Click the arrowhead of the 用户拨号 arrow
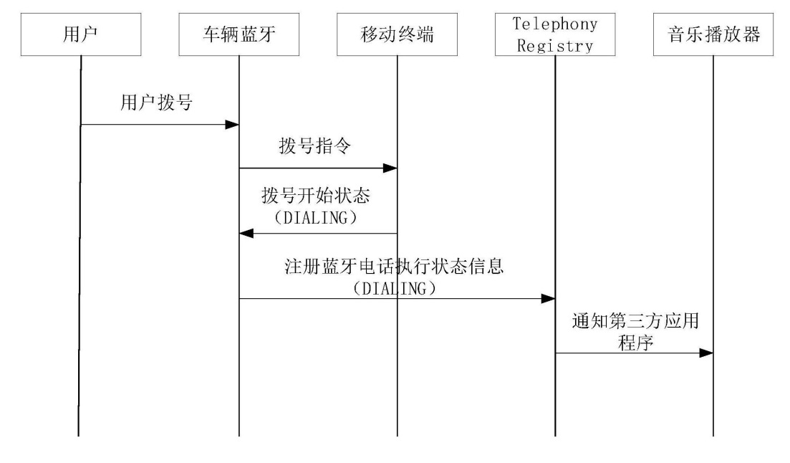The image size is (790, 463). pos(232,125)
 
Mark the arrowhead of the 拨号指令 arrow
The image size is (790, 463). pos(390,168)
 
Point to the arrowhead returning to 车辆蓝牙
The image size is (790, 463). pos(246,233)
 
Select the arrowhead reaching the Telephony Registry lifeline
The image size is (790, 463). pos(549,298)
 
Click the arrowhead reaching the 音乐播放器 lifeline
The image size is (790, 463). pos(707,353)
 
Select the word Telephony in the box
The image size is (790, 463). pos(555,24)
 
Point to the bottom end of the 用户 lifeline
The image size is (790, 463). pos(80,435)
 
